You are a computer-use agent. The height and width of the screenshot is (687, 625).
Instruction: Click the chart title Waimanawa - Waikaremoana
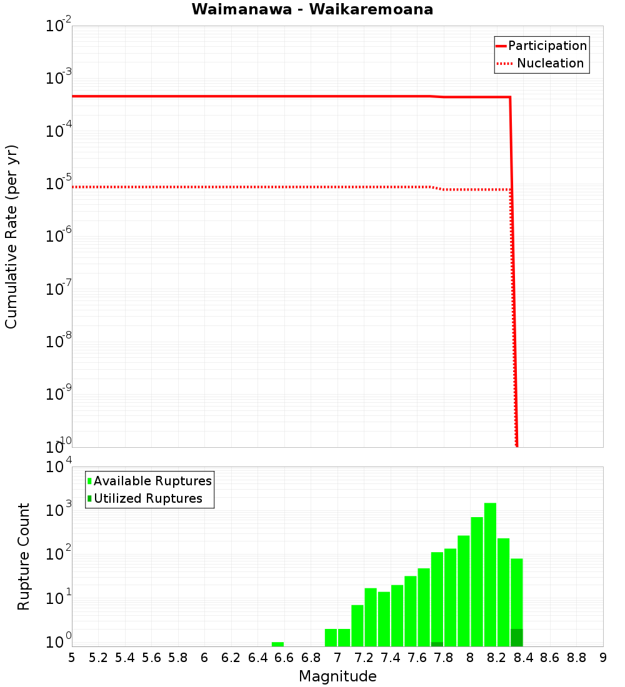point(312,9)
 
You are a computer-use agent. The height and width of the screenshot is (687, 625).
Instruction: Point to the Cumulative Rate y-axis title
point(11,236)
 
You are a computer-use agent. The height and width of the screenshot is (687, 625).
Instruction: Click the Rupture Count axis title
point(24,556)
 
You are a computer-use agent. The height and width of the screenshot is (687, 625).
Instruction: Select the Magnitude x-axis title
point(337,676)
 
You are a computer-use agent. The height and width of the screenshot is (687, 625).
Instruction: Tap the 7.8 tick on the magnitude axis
point(444,658)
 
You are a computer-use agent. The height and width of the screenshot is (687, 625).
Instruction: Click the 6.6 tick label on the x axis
point(284,658)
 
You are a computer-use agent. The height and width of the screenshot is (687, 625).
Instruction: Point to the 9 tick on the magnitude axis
point(603,658)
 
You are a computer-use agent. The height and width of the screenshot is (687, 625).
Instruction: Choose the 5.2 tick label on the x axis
point(98,658)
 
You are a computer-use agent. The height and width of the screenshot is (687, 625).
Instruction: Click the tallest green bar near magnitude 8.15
point(490,575)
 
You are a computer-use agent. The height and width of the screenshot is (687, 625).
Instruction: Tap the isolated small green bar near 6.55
point(277,644)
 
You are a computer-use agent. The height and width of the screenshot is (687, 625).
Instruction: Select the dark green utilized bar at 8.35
point(516,638)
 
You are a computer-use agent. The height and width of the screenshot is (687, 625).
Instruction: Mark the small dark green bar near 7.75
point(437,644)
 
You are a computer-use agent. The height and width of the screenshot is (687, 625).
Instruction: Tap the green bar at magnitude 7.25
point(371,617)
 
